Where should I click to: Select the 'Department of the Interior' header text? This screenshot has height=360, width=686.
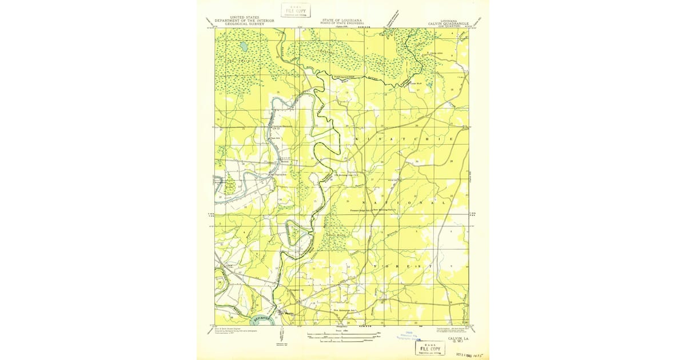[x=244, y=21]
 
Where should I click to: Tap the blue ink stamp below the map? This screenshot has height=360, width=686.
[x=409, y=337]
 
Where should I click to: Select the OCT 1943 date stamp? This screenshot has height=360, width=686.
[x=470, y=354]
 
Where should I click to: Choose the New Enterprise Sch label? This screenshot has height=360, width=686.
[x=345, y=310]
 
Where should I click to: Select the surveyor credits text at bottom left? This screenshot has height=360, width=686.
[x=232, y=331]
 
